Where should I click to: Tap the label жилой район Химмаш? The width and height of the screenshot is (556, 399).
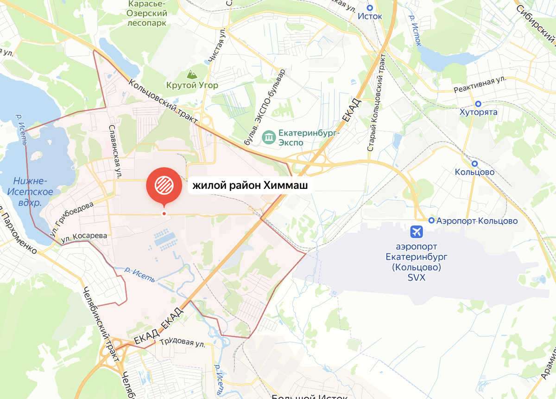tap(250, 186)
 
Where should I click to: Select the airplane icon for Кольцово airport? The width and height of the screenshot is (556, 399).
tap(417, 231)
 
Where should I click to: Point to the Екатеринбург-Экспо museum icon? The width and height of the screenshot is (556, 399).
tap(268, 137)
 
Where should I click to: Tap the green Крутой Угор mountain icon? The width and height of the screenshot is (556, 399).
tap(190, 74)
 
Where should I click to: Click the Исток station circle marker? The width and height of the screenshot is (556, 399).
tap(370, 7)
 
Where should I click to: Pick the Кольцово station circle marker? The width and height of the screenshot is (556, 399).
tap(474, 164)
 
